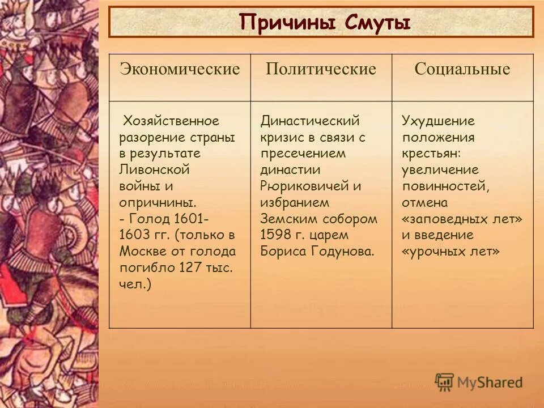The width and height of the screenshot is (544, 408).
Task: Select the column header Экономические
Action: (180, 70)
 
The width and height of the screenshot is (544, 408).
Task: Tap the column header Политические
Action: (321, 70)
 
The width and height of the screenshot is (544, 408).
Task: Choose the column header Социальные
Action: (462, 70)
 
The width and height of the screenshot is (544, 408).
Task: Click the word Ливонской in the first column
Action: (154, 169)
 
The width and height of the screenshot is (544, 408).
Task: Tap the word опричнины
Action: (158, 202)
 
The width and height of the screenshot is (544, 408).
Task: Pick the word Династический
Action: (310, 121)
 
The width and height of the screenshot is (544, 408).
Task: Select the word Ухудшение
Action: (438, 121)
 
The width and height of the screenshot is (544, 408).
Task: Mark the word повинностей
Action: (445, 186)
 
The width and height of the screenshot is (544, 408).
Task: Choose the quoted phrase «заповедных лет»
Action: (462, 219)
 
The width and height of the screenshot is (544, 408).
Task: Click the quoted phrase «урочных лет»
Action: (450, 251)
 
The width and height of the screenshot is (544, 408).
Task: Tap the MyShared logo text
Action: (489, 382)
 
